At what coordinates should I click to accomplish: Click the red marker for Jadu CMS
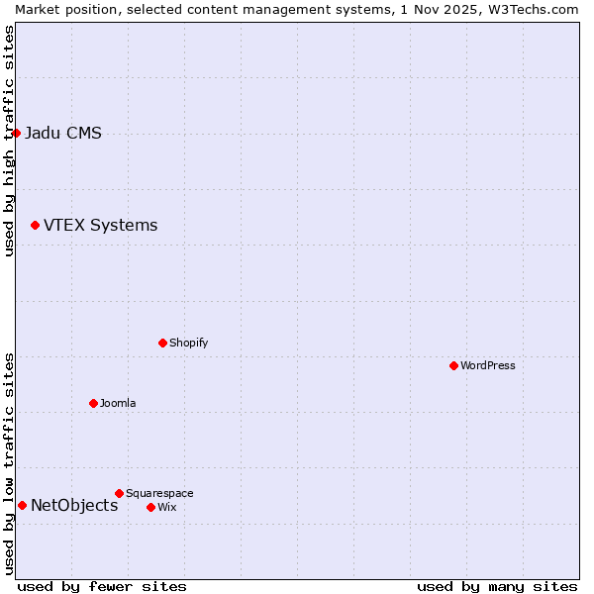coord(16,133)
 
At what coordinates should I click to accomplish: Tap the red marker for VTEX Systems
coord(35,226)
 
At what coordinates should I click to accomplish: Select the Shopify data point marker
coord(162,343)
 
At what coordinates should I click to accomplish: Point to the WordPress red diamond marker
coord(453,365)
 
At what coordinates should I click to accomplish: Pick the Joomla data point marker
coord(93,403)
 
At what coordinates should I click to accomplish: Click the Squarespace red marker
coord(119,493)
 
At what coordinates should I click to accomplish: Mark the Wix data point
coord(150,507)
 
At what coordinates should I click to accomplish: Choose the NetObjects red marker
coord(22,505)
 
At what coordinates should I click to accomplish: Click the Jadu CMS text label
coord(63,134)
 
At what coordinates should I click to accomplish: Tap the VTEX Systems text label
coord(100,226)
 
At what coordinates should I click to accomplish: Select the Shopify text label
coord(188,343)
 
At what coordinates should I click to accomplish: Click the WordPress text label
coord(488,365)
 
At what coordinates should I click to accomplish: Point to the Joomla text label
coord(118,403)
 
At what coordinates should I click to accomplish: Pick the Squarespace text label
coord(159,493)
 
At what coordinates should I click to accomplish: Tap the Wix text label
coord(166,507)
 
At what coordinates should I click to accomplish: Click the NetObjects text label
coord(74,506)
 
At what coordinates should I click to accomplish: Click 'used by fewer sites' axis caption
coord(102,586)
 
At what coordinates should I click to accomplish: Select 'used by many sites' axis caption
coord(497,586)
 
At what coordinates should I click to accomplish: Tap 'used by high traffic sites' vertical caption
coord(9,141)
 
